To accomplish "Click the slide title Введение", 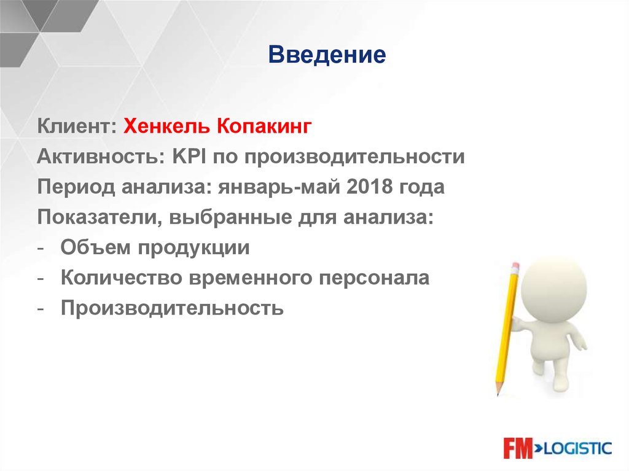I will click(327, 56).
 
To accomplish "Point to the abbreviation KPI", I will click(190, 157).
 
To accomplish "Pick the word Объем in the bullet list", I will click(95, 247).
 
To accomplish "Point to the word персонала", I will click(373, 278).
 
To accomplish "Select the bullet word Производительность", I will click(172, 308).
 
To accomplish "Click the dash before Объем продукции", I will click(41, 248).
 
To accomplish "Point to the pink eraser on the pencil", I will click(514, 267).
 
